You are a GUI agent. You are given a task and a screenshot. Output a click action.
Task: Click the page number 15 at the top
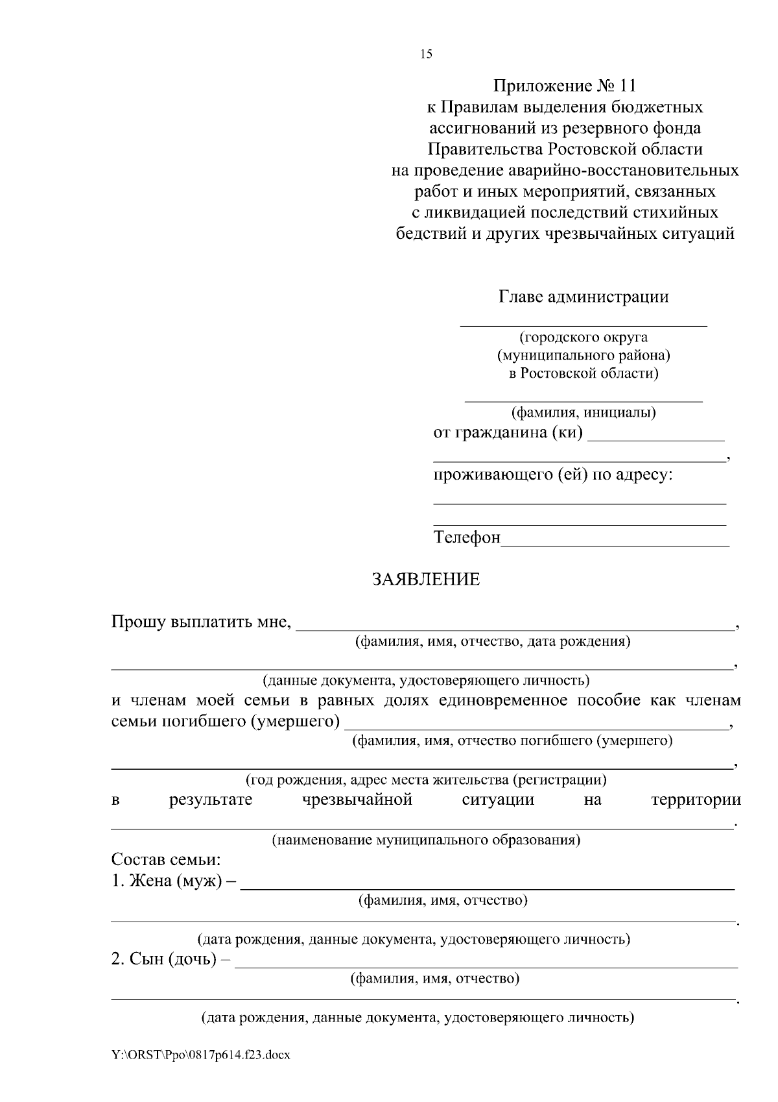pyautogui.click(x=426, y=54)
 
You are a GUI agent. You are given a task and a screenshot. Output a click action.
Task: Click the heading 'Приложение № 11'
pyautogui.click(x=565, y=86)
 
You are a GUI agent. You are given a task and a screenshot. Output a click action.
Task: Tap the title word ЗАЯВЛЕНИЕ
pyautogui.click(x=425, y=580)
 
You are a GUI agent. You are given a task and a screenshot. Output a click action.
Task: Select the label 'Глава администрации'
pyautogui.click(x=583, y=297)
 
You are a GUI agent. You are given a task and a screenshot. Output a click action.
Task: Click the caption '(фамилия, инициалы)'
pyautogui.click(x=583, y=412)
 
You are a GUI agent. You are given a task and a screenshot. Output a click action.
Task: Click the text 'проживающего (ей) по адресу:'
pyautogui.click(x=553, y=475)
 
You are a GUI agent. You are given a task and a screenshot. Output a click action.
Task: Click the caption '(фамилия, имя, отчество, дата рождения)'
pyautogui.click(x=492, y=642)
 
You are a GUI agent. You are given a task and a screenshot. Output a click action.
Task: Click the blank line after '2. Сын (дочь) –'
pyautogui.click(x=486, y=965)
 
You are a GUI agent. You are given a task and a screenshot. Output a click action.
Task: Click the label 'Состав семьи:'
pyautogui.click(x=166, y=860)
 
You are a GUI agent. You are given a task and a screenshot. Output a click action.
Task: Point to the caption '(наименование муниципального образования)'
pyautogui.click(x=425, y=840)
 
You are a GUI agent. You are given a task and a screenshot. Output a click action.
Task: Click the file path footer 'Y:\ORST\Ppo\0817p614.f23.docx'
pyautogui.click(x=200, y=1055)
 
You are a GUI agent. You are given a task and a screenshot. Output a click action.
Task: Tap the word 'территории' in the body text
pyautogui.click(x=696, y=800)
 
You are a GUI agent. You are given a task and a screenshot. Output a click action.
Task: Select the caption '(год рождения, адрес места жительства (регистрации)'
pyautogui.click(x=425, y=779)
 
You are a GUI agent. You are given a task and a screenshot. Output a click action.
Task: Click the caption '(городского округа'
pyautogui.click(x=583, y=337)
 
